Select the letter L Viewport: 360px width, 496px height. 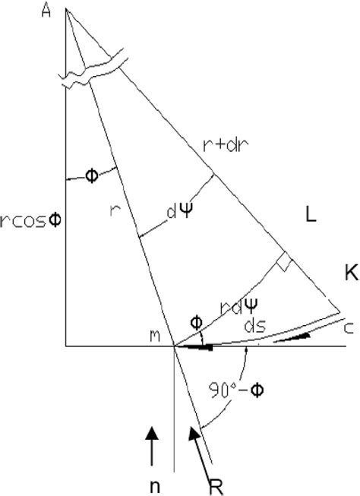click(x=310, y=216)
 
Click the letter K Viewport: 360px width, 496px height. click(x=350, y=275)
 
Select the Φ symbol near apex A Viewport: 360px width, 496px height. click(x=92, y=175)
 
